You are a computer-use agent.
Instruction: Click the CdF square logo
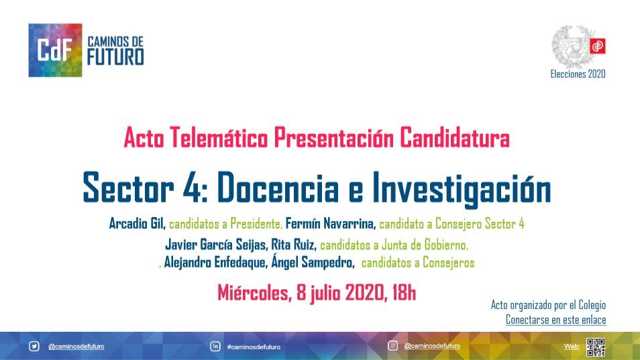(56, 50)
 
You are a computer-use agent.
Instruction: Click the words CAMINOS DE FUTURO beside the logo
(115, 51)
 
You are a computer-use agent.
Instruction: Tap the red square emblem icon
(597, 46)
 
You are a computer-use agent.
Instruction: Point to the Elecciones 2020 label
(578, 74)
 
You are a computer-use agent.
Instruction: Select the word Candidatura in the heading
(454, 139)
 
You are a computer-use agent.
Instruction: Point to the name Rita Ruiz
(294, 245)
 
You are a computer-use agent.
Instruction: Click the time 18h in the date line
(401, 293)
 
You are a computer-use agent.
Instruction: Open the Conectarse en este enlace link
(555, 320)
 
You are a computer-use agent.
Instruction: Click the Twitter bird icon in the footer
(34, 347)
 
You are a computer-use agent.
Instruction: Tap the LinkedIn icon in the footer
(215, 347)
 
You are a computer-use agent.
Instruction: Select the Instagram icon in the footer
(393, 346)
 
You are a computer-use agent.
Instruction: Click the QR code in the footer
(596, 347)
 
